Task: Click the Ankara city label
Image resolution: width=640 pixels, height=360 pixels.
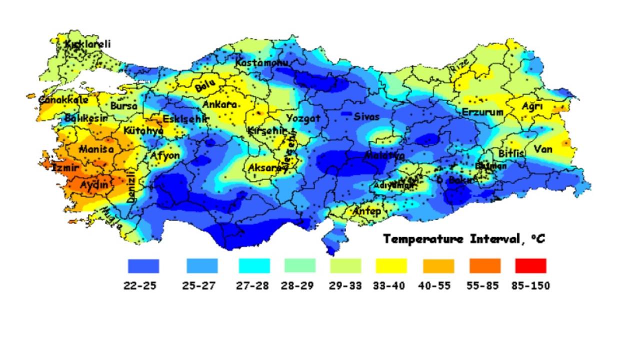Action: click(219, 105)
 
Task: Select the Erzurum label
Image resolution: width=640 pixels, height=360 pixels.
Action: click(482, 112)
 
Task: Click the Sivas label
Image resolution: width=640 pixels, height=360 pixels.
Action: click(366, 117)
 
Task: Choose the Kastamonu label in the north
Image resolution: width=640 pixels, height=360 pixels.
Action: click(262, 63)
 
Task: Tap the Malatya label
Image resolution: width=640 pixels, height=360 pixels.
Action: click(384, 155)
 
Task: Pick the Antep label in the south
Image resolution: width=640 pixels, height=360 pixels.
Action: click(367, 211)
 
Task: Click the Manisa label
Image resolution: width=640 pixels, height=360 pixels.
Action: click(96, 149)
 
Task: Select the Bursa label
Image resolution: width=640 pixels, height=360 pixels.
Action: click(123, 106)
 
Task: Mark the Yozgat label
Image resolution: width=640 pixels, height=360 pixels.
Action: click(303, 118)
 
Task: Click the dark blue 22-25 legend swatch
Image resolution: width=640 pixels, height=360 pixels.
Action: click(143, 265)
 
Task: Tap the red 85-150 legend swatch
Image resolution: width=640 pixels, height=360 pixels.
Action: click(530, 265)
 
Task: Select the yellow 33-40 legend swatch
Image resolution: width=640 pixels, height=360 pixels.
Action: click(391, 265)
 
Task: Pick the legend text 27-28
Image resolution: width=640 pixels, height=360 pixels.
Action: click(252, 286)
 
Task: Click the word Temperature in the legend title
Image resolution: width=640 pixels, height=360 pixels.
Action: click(423, 239)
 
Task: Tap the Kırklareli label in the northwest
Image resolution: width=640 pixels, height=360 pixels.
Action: click(88, 44)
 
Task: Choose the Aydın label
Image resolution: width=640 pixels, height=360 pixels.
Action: click(94, 185)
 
